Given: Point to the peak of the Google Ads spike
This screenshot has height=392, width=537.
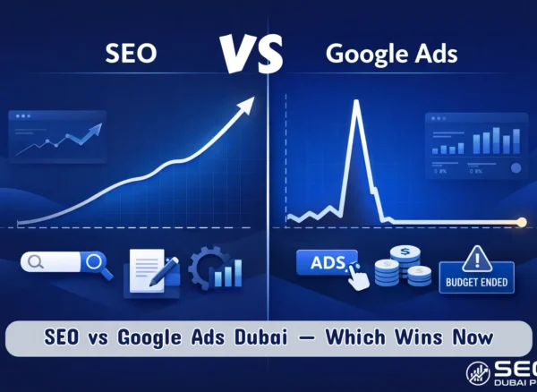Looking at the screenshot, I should point(356,103).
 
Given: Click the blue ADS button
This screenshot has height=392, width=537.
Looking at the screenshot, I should point(326,263).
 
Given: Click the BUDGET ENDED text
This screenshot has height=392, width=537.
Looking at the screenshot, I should point(475,283).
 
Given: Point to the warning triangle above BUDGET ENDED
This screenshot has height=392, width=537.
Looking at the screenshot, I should point(475,259).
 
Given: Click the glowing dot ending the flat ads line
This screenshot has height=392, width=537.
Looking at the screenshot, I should point(523,221).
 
